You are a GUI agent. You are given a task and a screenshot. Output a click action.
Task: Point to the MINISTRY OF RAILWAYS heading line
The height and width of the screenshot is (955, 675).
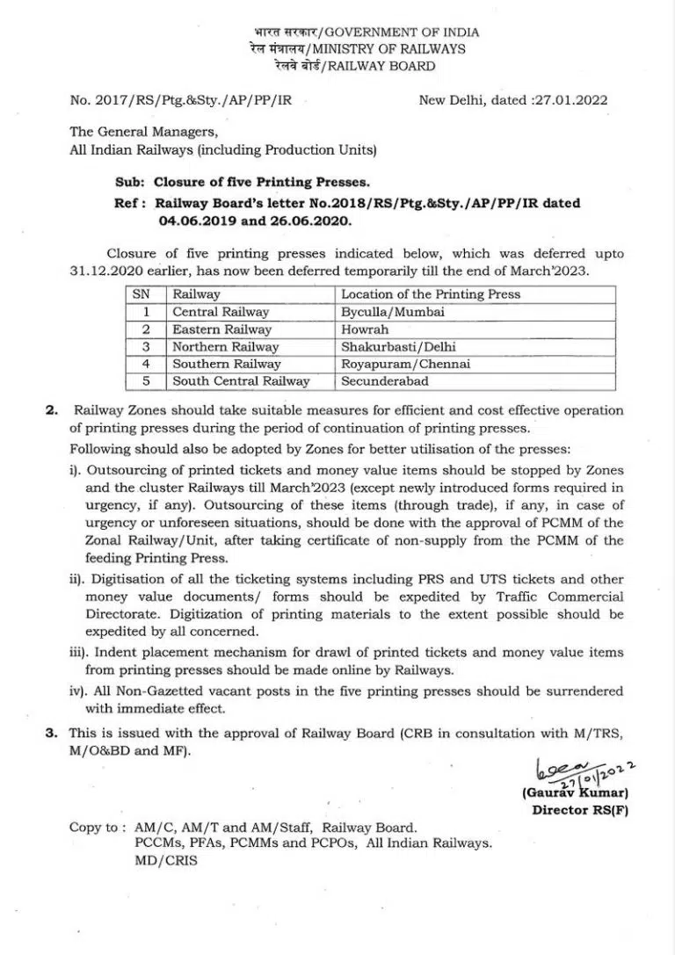point(357,49)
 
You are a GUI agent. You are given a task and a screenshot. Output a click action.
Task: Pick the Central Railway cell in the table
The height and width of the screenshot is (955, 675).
point(221,312)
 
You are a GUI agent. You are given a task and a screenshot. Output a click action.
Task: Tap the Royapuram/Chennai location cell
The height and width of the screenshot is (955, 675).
point(405,364)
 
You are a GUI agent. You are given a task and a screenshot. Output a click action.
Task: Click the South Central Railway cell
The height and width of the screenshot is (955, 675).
point(241,381)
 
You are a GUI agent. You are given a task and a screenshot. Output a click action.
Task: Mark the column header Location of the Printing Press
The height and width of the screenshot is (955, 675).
point(431,294)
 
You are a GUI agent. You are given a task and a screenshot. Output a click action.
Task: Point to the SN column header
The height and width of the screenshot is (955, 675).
point(141,294)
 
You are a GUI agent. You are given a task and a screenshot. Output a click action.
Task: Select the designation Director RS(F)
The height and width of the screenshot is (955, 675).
point(580,810)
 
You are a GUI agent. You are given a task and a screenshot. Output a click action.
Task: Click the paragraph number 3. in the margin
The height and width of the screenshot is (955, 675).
point(52,732)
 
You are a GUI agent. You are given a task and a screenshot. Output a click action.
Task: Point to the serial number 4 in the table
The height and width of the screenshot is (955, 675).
point(147,364)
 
